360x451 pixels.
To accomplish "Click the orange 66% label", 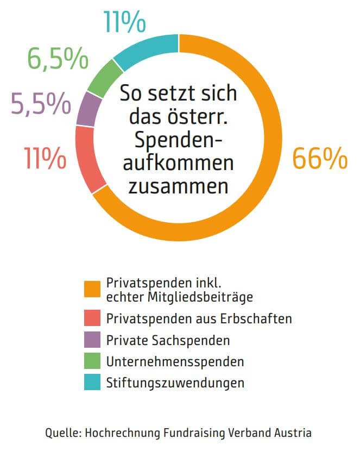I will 319,158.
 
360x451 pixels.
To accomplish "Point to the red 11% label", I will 45,158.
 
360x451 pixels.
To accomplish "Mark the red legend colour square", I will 92,319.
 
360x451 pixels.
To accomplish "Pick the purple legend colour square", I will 92,340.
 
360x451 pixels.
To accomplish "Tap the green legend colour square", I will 92,361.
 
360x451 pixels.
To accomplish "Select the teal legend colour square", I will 92,383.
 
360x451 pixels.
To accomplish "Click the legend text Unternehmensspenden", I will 175,361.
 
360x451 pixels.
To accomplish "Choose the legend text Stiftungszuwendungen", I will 175,383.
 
